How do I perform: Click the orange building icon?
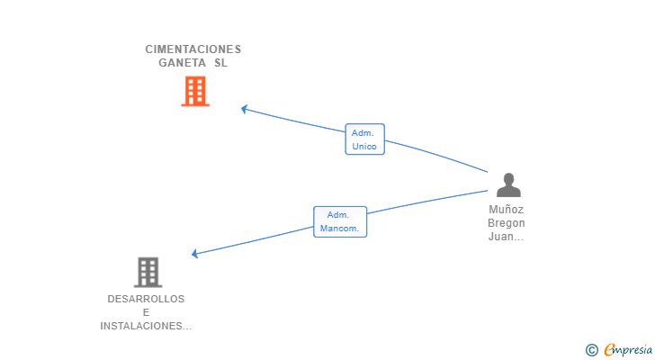[195, 91]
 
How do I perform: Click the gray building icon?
[148, 273]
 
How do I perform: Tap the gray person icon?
[508, 184]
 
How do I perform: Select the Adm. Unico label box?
[364, 139]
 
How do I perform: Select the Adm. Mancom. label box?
[340, 221]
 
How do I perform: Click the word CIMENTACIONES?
[193, 49]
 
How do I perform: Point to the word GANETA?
[182, 63]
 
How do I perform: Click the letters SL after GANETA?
[221, 63]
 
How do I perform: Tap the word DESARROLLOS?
[146, 299]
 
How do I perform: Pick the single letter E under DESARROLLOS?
[146, 312]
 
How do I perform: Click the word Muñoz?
[506, 209]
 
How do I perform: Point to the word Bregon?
[506, 223]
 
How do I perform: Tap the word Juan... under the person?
[506, 237]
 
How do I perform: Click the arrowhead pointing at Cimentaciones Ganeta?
[244, 109]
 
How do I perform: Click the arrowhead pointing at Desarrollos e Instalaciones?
[194, 253]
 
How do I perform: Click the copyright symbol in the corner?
[591, 350]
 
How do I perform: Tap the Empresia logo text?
[628, 350]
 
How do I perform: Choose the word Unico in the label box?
[364, 146]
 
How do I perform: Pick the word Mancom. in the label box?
[339, 229]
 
